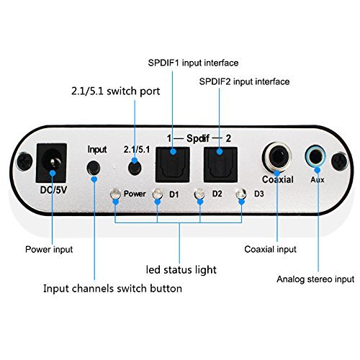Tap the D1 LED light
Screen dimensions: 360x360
[158, 195]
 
